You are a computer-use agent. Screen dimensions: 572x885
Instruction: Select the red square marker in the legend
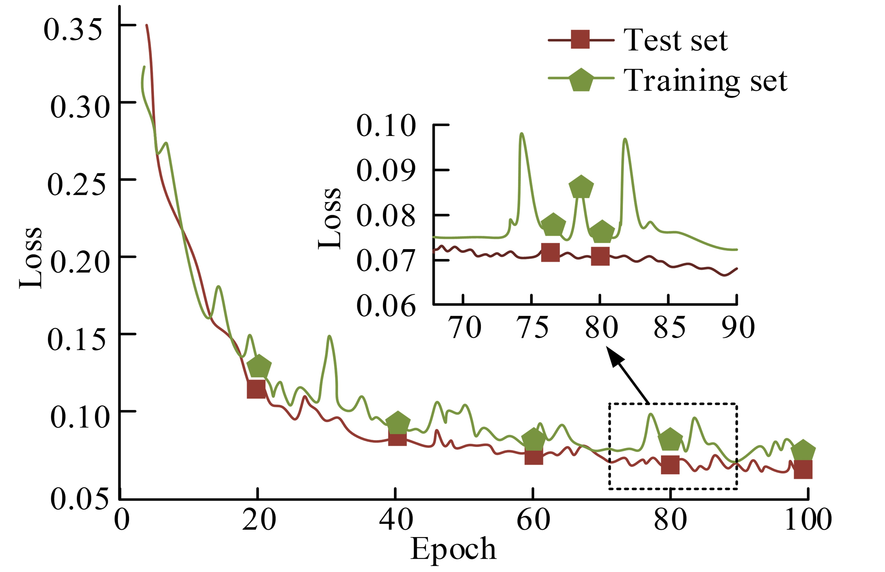click(x=580, y=39)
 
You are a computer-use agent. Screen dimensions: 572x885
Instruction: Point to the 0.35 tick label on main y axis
click(x=72, y=30)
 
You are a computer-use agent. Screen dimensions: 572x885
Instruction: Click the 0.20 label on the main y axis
click(x=80, y=262)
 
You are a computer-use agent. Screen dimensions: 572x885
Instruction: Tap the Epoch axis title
click(x=453, y=549)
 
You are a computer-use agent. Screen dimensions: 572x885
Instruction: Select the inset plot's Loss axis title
click(x=329, y=218)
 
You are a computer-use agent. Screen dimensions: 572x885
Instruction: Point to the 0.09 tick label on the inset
click(x=386, y=170)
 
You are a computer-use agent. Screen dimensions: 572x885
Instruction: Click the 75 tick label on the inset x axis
click(x=532, y=328)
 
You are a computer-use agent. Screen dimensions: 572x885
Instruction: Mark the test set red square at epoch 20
click(x=256, y=389)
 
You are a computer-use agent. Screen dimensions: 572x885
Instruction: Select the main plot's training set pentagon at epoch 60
click(x=534, y=440)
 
